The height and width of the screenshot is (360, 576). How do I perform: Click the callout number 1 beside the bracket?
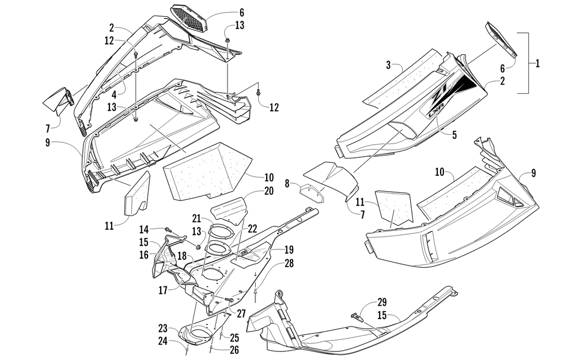(537, 63)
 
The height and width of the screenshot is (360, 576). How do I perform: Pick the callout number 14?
(144, 229)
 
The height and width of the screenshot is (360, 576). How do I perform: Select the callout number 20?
(252, 191)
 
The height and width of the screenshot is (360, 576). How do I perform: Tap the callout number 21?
(196, 218)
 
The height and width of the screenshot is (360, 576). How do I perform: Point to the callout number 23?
(163, 328)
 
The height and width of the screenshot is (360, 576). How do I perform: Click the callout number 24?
(163, 341)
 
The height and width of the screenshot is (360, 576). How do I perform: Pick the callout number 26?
(234, 350)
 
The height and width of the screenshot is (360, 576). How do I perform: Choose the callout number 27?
(241, 313)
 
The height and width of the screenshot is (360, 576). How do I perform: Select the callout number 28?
(289, 263)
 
